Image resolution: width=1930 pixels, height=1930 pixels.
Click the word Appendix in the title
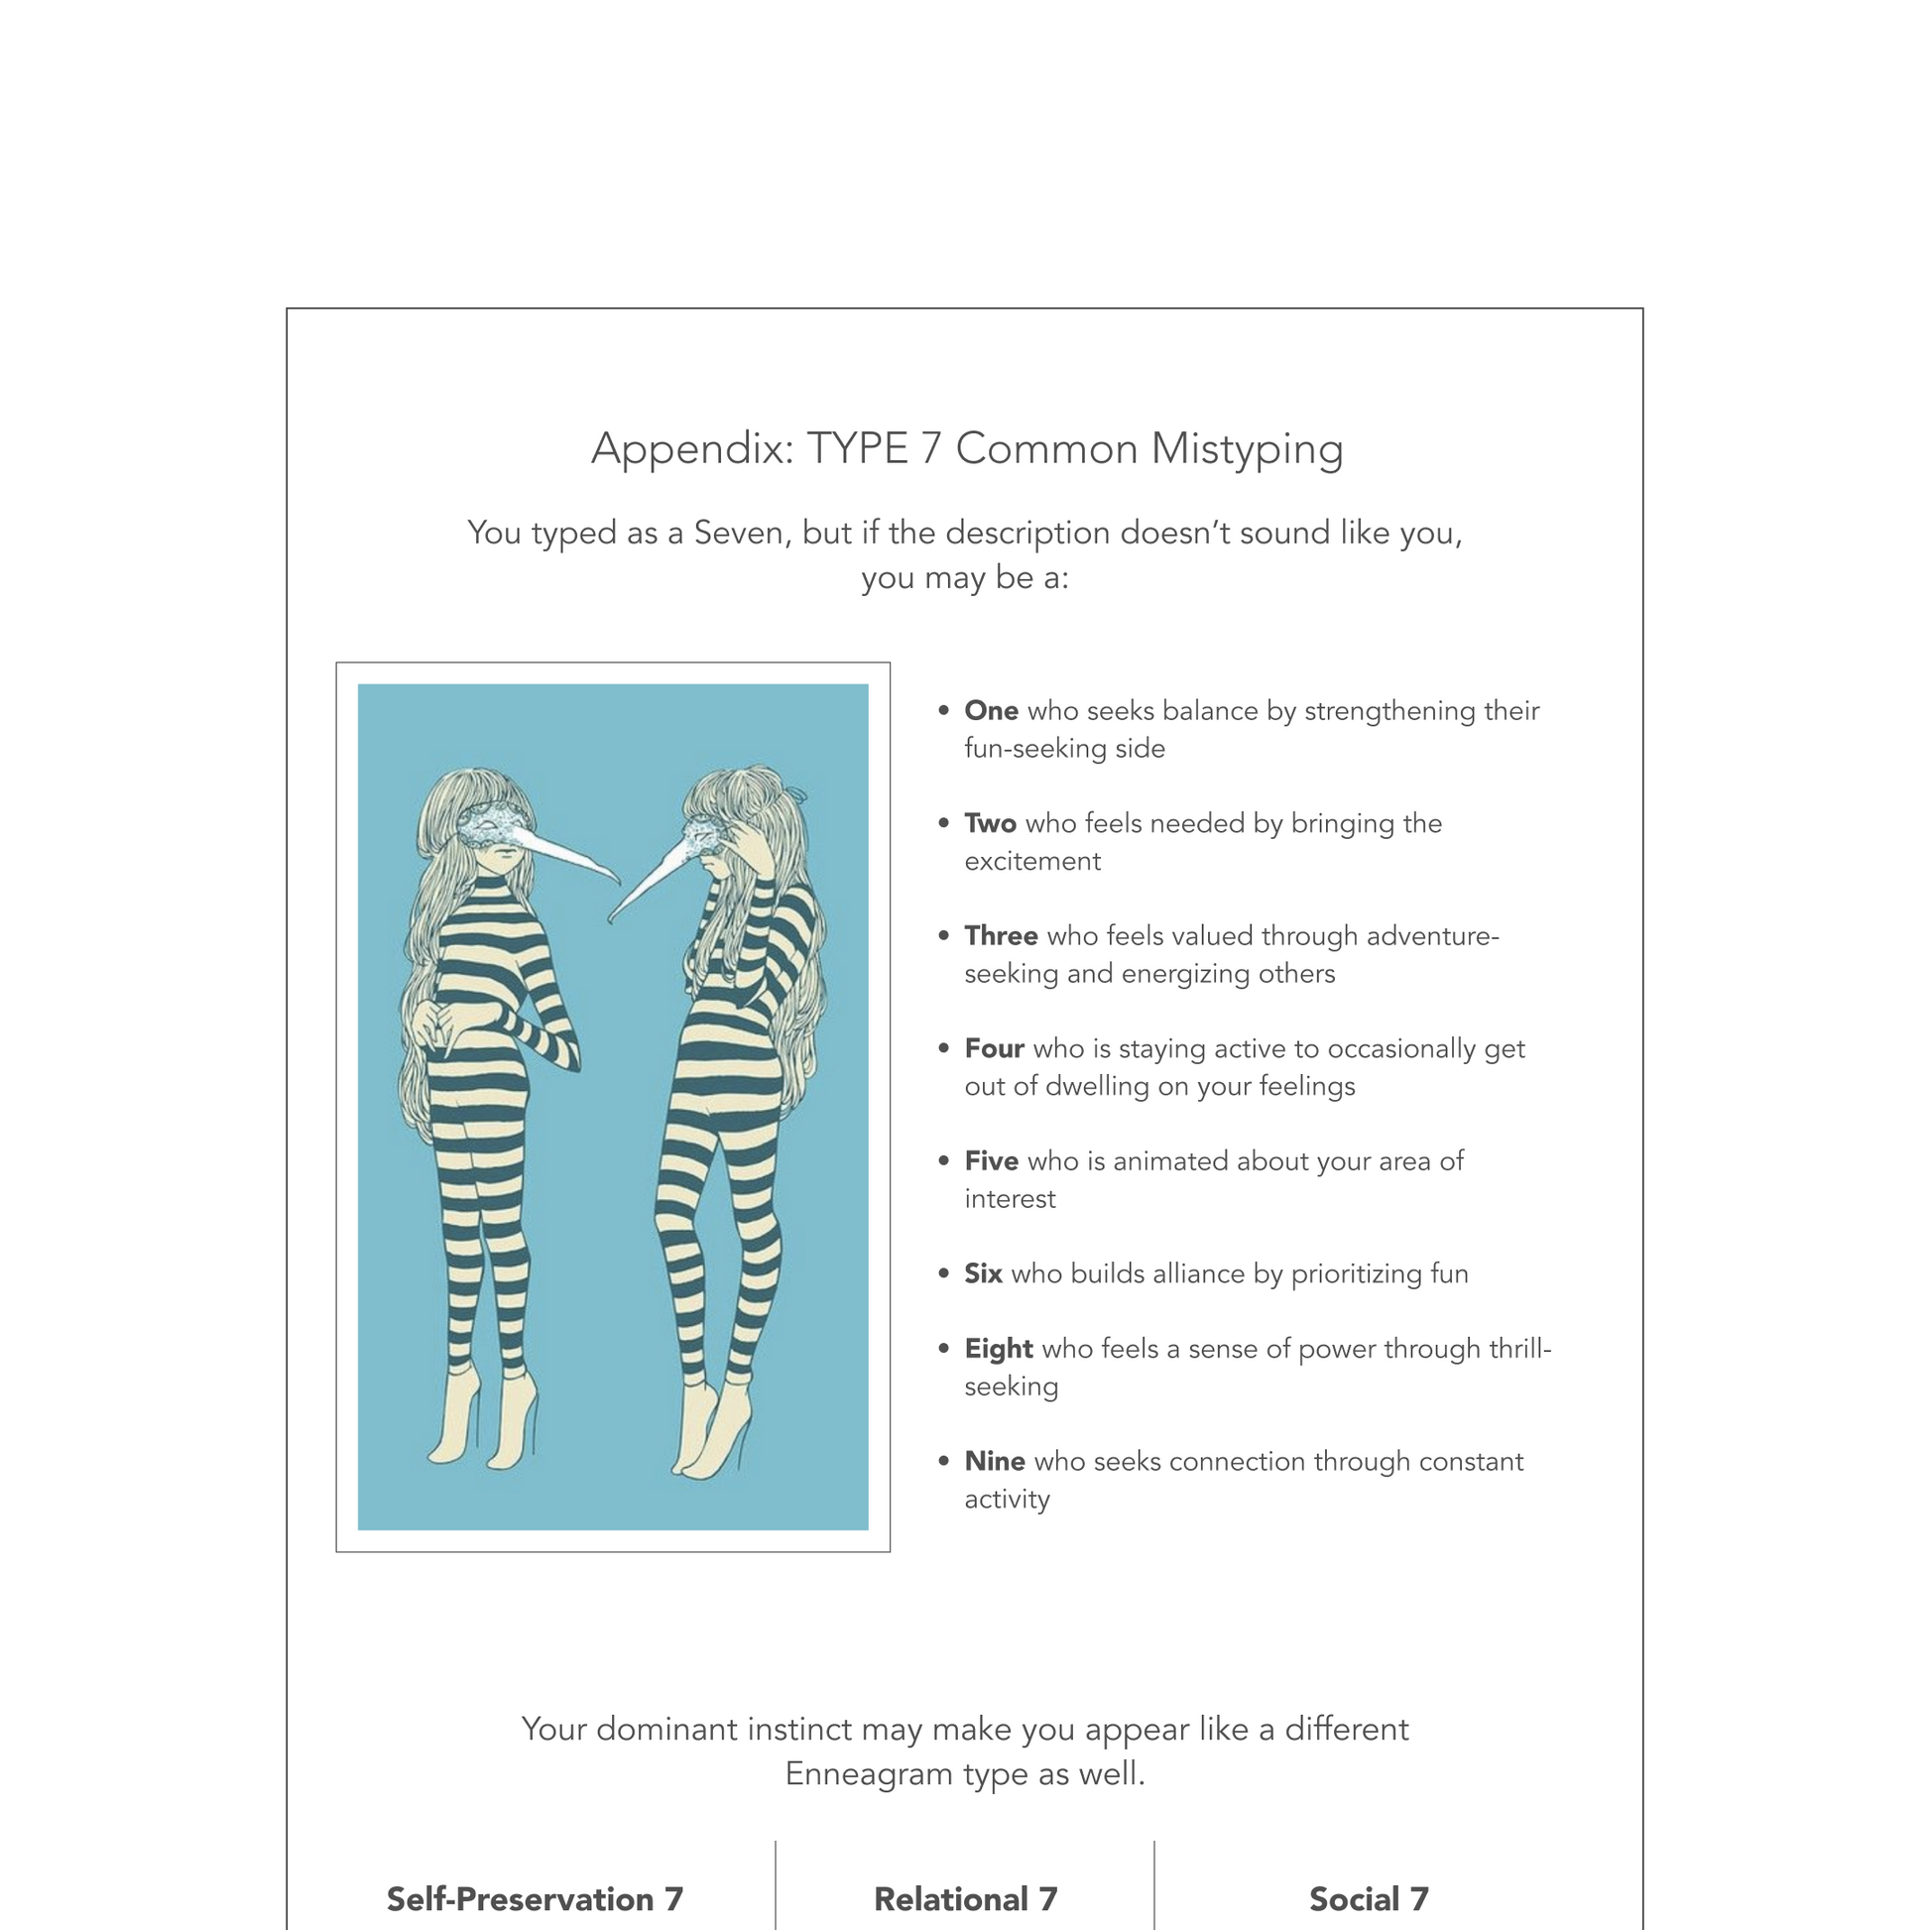click(x=691, y=448)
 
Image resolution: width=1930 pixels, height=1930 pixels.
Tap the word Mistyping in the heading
click(x=1247, y=448)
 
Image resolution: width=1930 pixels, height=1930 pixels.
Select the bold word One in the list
click(x=990, y=710)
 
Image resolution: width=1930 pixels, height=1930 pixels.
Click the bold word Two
click(x=989, y=823)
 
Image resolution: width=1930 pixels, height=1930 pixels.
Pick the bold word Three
click(x=1000, y=936)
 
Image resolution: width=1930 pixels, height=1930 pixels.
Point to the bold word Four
click(x=993, y=1048)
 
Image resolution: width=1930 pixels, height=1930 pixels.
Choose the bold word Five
click(x=990, y=1160)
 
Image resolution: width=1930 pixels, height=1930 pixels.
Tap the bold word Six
click(x=982, y=1273)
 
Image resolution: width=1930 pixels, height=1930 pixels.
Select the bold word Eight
click(x=998, y=1349)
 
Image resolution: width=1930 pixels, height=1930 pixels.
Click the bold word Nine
click(x=994, y=1462)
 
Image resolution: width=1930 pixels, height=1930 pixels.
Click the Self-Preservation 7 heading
click(x=535, y=1899)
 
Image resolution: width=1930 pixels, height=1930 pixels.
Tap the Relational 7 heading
click(x=965, y=1899)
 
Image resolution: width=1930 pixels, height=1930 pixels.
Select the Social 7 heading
click(x=1369, y=1899)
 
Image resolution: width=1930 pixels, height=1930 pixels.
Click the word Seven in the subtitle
click(x=737, y=533)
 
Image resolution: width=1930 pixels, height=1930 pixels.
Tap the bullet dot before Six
click(x=943, y=1273)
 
